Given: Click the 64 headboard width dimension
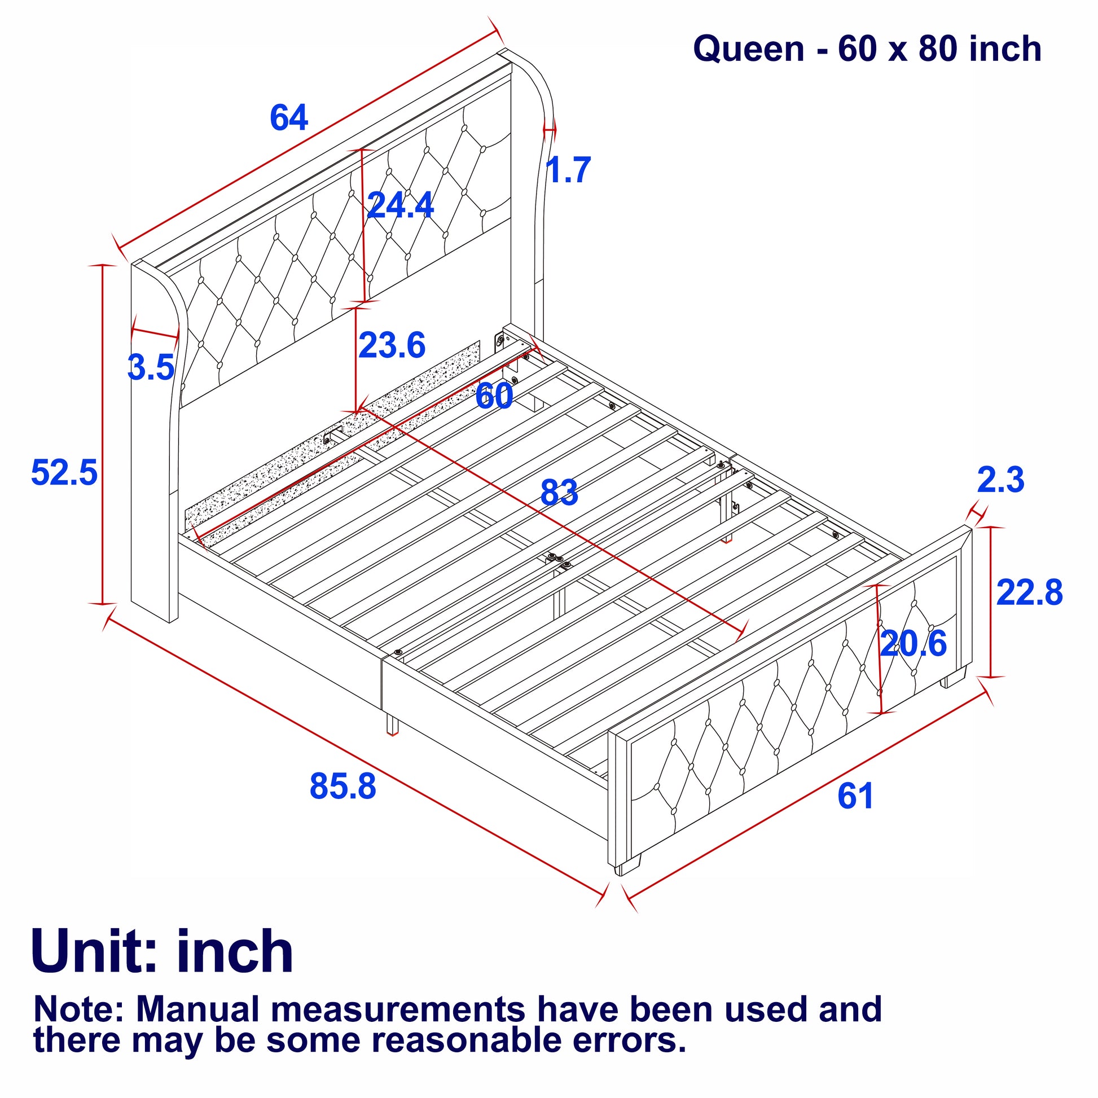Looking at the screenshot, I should click(x=289, y=117).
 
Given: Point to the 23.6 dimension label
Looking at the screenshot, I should click(x=392, y=345).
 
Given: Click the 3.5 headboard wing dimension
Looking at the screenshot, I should click(x=151, y=367).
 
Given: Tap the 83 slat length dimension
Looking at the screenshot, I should click(x=559, y=492).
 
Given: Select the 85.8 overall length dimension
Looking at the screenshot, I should click(x=342, y=787).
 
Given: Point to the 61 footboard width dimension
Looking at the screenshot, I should click(x=855, y=796).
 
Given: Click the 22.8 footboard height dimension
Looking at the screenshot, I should click(x=1029, y=592).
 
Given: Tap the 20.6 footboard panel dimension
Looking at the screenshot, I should click(x=913, y=643).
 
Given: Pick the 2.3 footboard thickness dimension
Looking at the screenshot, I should click(x=1001, y=480).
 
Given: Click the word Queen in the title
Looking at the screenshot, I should click(x=749, y=50).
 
